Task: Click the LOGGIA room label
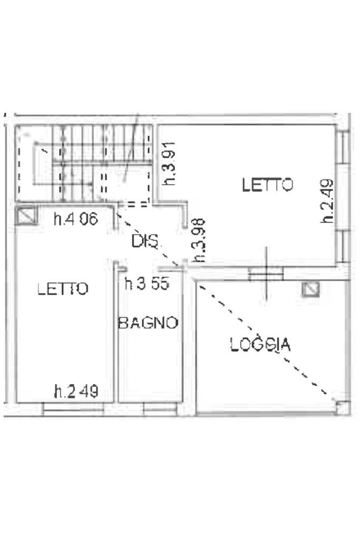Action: pyautogui.click(x=260, y=344)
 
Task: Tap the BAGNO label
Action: pyautogui.click(x=148, y=323)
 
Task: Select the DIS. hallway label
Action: pyautogui.click(x=144, y=242)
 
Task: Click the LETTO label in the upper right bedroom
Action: pyautogui.click(x=267, y=185)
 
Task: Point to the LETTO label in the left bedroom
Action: pyautogui.click(x=63, y=288)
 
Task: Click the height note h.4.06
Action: pyautogui.click(x=76, y=218)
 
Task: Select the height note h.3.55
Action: pyautogui.click(x=147, y=284)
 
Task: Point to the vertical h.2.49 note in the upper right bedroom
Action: pyautogui.click(x=328, y=201)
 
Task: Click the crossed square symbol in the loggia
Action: pyautogui.click(x=311, y=289)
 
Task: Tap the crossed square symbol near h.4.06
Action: pyautogui.click(x=26, y=216)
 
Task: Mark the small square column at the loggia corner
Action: pyautogui.click(x=343, y=407)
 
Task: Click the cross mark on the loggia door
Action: pyautogui.click(x=266, y=273)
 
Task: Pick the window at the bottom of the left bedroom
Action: pyautogui.click(x=70, y=408)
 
